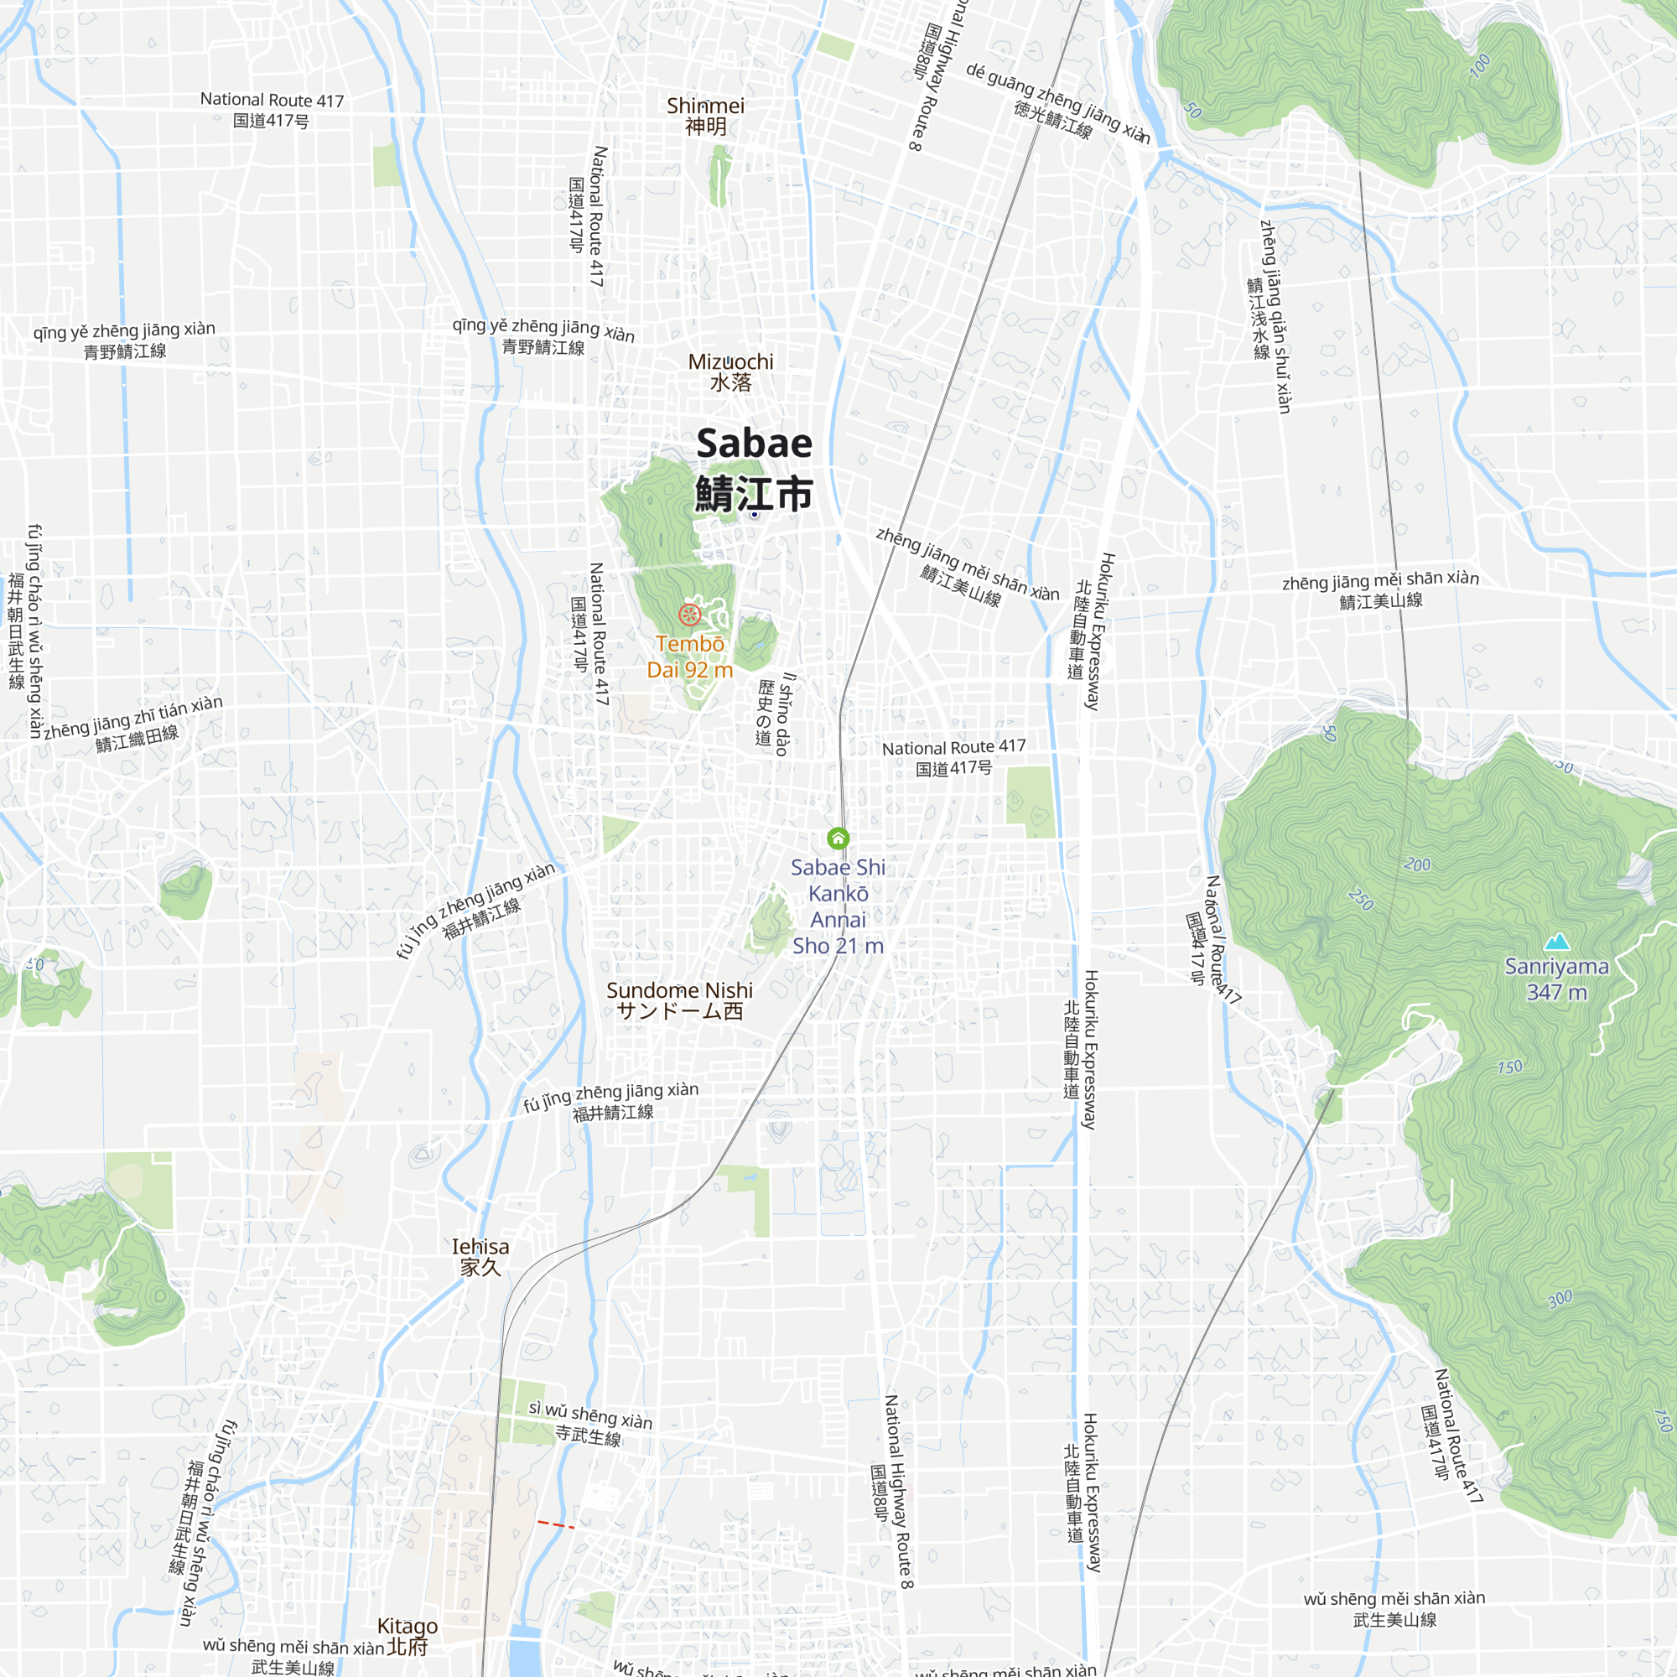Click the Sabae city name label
754,469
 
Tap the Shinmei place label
705,117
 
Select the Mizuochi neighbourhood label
730,371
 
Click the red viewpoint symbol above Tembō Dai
689,615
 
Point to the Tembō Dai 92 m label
689,657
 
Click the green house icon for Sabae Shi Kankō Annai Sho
838,838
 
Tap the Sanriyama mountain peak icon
1557,942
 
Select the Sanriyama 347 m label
1556,979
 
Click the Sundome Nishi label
679,1000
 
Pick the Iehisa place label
480,1257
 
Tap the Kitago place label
408,1635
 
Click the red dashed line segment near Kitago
556,1524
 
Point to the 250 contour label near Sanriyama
1360,899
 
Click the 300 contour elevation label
1560,1300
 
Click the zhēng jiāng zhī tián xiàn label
133,723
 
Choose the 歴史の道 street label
765,712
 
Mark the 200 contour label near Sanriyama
1416,864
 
